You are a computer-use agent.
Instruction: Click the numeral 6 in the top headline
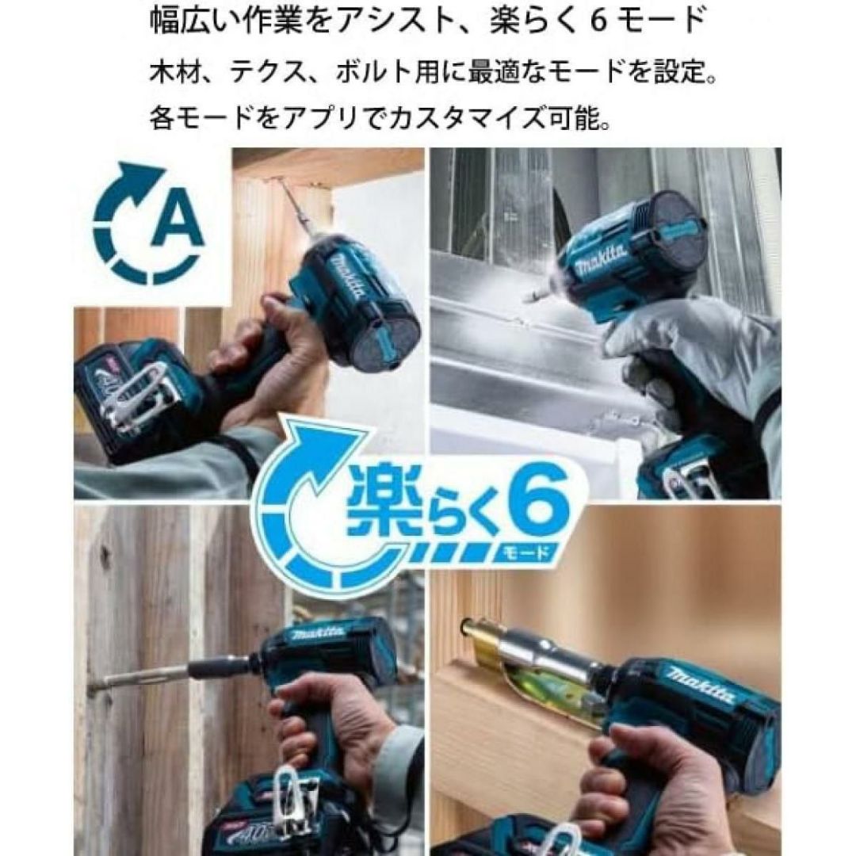pyautogui.click(x=599, y=22)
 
